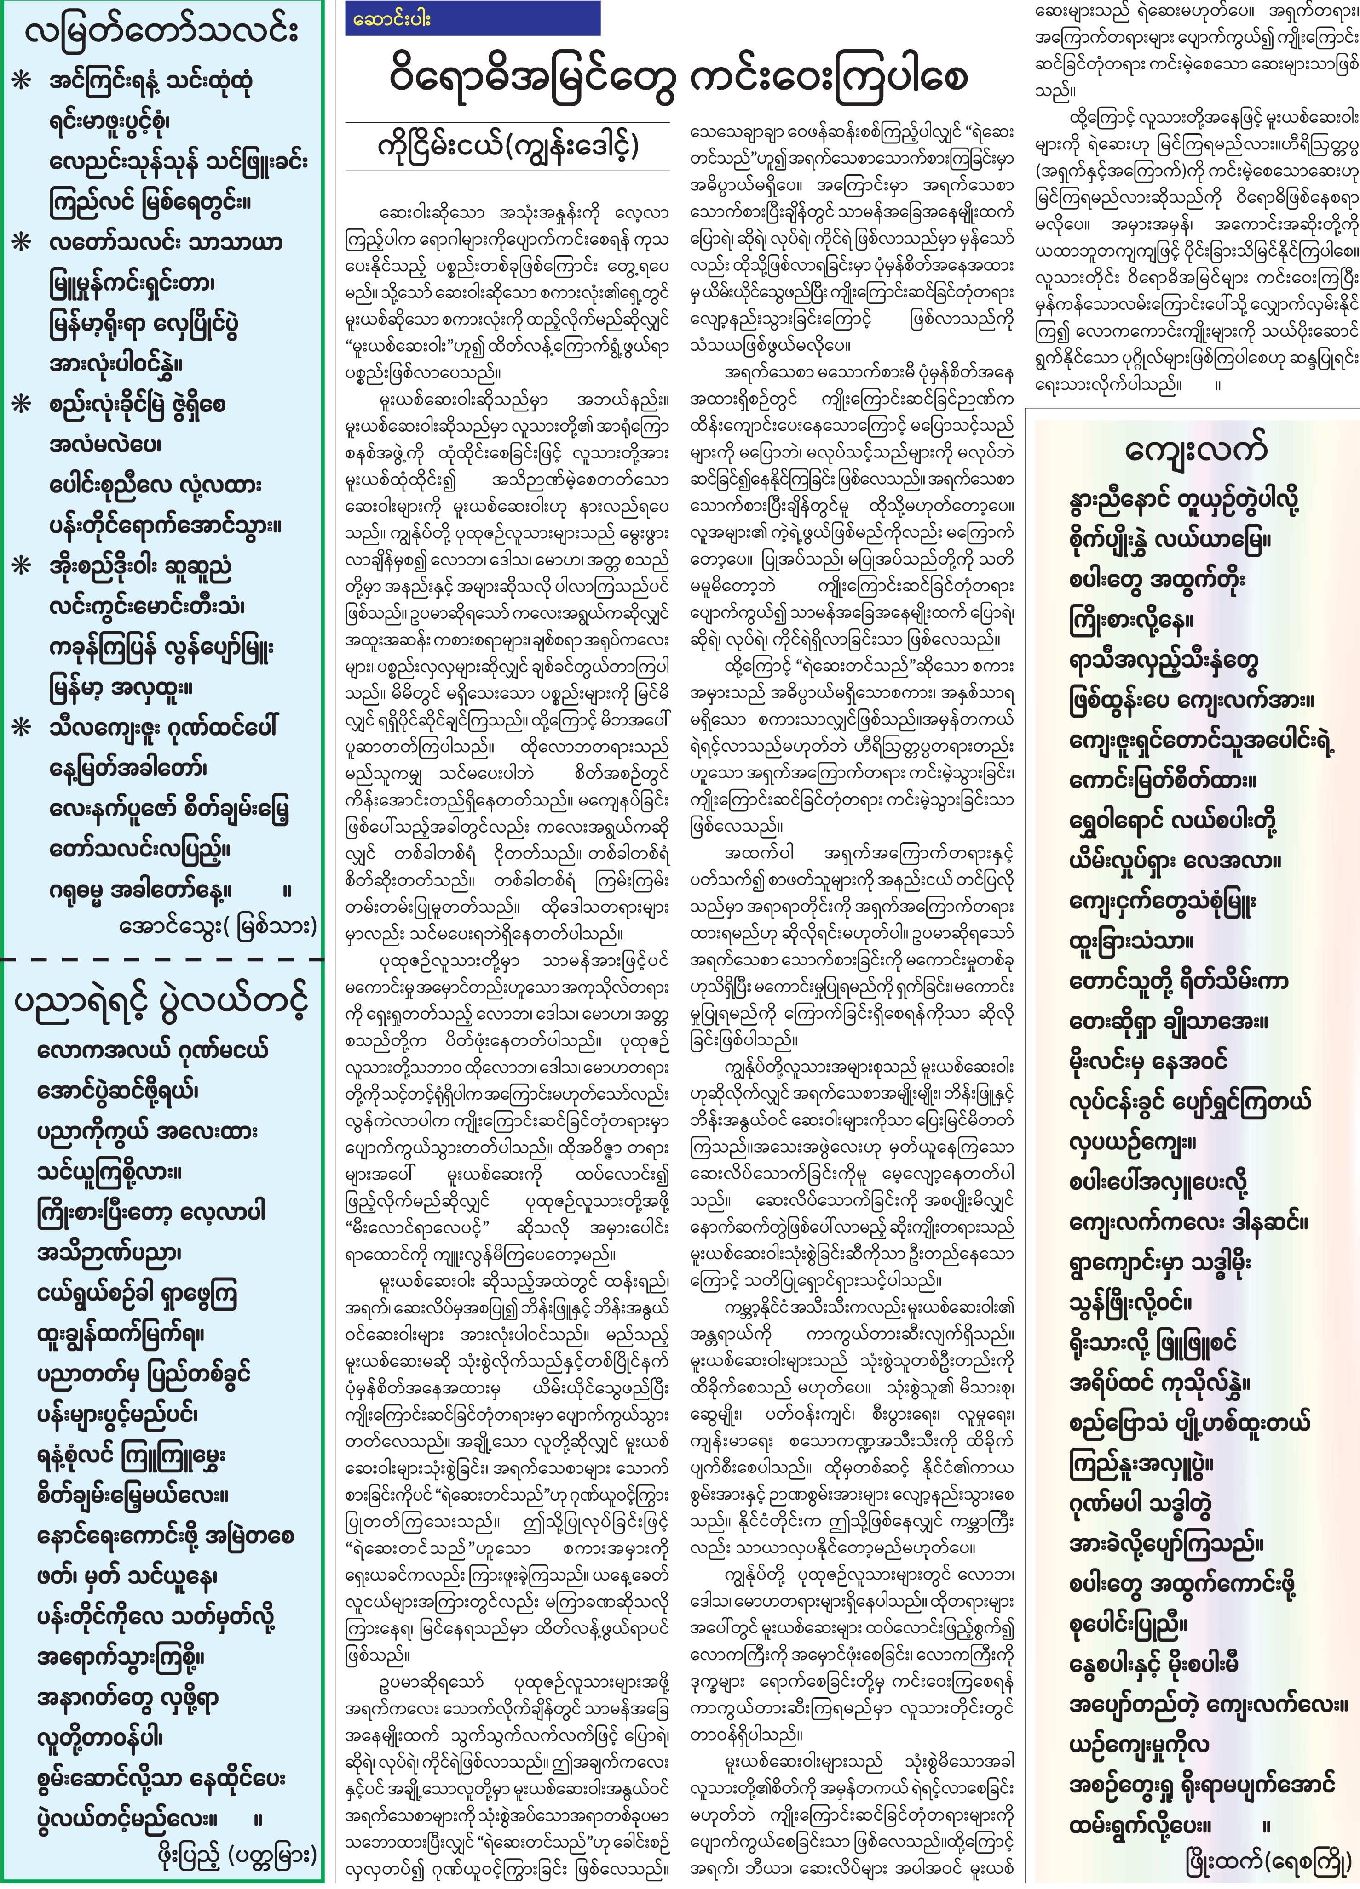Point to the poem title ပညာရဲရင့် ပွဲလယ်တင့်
click(161, 1003)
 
